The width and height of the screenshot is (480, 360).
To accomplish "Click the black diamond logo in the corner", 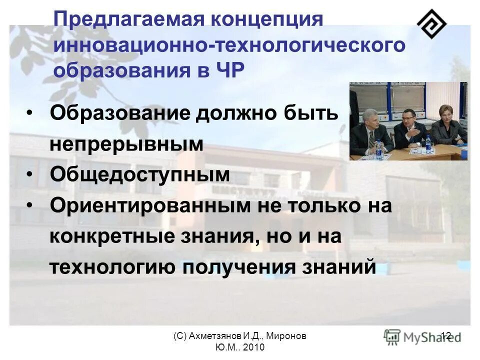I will pos(432,23).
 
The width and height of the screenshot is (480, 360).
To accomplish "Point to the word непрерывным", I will pos(126,144).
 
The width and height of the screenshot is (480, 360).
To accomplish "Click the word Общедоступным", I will pos(140,175).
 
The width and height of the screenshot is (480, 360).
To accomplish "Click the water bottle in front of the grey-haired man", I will pos(378,148).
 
